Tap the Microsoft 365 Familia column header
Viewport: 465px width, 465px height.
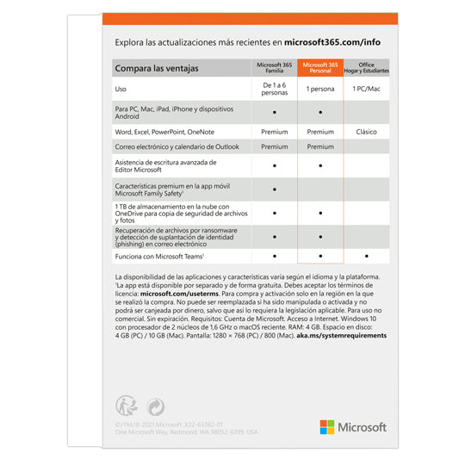click(273, 68)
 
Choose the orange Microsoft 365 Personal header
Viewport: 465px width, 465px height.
click(320, 68)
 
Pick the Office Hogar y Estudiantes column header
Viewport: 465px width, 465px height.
click(367, 68)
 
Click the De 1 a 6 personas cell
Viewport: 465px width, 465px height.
click(273, 89)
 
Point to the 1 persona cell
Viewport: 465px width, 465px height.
click(320, 89)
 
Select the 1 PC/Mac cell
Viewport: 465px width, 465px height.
click(367, 89)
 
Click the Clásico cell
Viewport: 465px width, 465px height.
click(367, 132)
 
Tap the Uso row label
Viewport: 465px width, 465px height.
click(121, 89)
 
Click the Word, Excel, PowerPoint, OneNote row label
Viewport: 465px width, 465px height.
click(166, 132)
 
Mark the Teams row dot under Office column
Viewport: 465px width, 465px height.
click(367, 256)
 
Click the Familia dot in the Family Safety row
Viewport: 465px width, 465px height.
click(273, 189)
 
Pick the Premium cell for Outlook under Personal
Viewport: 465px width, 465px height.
click(320, 147)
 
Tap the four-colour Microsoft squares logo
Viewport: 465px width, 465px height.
click(327, 427)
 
